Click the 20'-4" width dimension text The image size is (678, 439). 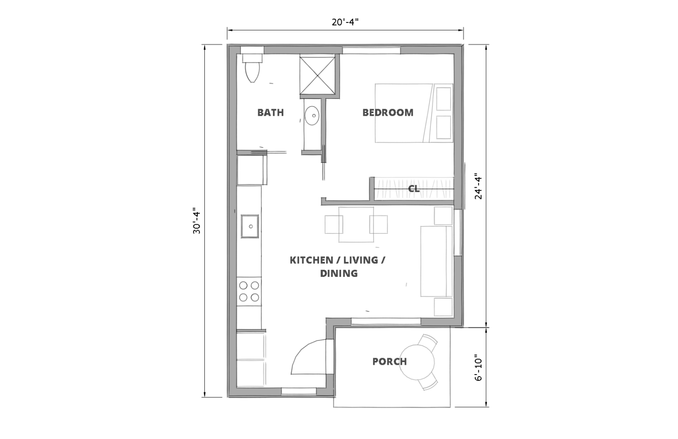(345, 22)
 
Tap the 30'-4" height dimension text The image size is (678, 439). (197, 221)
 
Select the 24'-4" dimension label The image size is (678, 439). (478, 186)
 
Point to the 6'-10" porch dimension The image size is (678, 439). (478, 367)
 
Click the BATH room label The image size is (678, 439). (271, 113)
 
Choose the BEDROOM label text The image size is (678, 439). (388, 113)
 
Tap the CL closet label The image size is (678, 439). (414, 189)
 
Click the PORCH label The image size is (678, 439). (390, 362)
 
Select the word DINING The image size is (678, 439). (339, 273)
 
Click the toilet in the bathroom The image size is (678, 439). (252, 68)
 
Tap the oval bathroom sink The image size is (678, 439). (312, 115)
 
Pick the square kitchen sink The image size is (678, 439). (250, 226)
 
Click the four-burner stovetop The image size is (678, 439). (249, 291)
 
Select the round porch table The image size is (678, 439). (417, 362)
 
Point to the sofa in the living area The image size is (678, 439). (436, 261)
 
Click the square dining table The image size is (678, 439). (356, 225)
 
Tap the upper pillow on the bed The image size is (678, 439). (444, 99)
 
